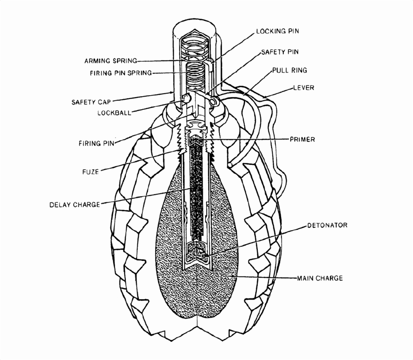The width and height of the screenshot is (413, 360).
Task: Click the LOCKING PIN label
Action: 278,31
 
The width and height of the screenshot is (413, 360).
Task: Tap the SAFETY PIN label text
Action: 280,52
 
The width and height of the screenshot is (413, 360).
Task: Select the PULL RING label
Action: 290,70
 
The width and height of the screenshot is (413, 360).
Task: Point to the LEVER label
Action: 304,87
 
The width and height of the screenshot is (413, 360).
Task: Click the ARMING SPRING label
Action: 111,61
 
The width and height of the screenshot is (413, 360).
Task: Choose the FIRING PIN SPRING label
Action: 121,73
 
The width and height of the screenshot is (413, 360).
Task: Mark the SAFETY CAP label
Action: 91,102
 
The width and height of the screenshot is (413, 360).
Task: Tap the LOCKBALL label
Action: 114,113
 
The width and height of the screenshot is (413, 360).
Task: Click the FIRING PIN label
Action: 96,143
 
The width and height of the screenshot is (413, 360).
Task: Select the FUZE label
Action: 90,172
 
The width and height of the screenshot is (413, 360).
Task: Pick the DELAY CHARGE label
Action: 75,204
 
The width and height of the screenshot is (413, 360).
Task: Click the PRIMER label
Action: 302,139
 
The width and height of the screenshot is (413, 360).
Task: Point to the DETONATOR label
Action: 327,225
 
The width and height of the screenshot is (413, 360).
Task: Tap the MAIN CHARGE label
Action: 320,278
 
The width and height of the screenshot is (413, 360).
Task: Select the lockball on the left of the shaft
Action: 186,98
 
